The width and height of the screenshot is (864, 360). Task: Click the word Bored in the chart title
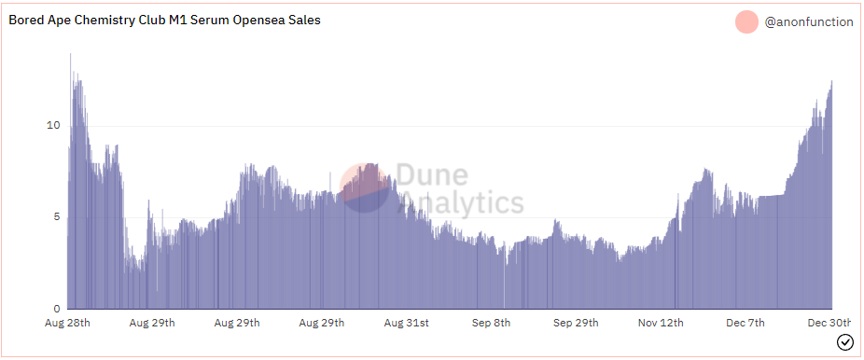(x=29, y=20)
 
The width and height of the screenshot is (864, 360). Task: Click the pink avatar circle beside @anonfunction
(x=746, y=21)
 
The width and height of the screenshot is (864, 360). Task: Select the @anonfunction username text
(x=808, y=21)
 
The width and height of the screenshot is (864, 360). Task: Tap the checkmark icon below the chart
(x=844, y=342)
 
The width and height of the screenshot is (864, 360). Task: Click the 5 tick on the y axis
(x=56, y=217)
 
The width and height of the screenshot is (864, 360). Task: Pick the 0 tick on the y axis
(x=56, y=309)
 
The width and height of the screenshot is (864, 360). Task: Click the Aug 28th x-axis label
(x=67, y=324)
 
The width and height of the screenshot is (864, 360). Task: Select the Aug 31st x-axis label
(x=406, y=324)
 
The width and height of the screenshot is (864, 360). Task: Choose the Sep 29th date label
(x=576, y=324)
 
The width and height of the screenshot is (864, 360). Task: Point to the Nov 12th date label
(x=660, y=324)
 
